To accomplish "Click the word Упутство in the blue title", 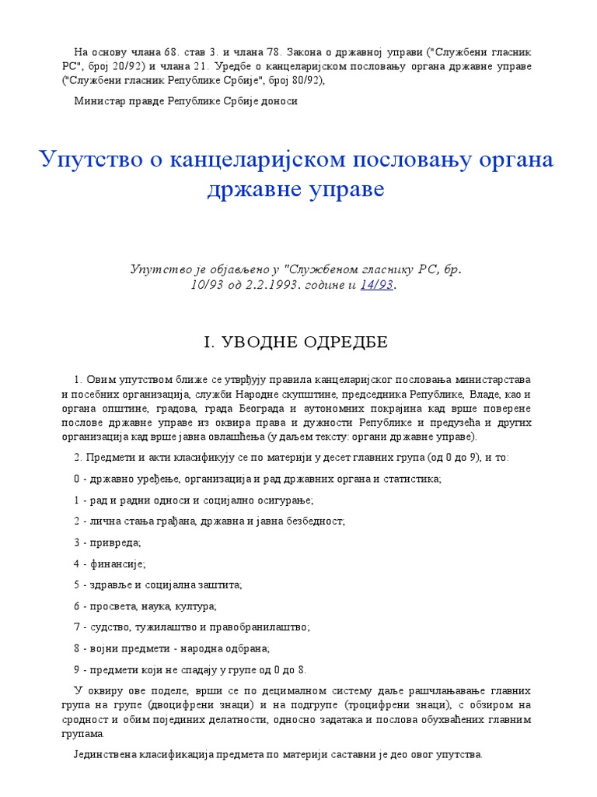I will click(x=84, y=160).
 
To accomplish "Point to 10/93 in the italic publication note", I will click(x=206, y=285).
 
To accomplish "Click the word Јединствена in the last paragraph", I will click(x=106, y=754).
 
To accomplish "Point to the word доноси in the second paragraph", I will click(x=281, y=100).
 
